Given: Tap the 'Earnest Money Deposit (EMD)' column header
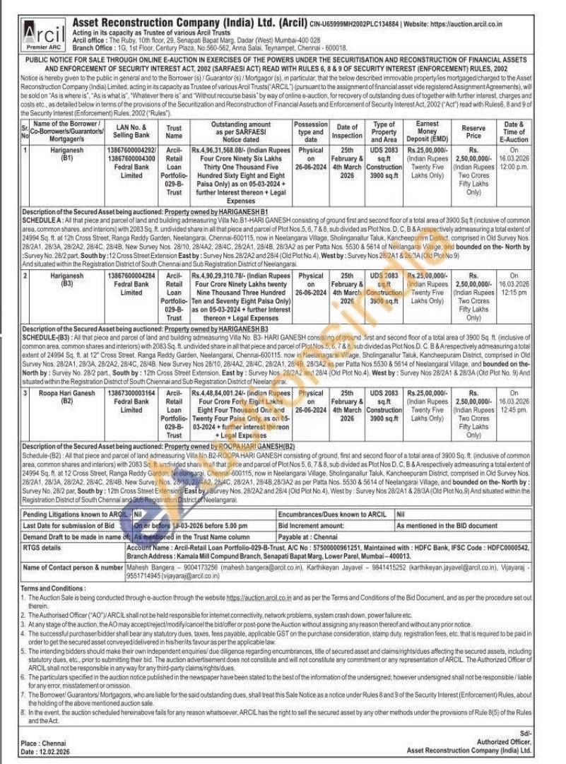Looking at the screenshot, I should tap(427, 130).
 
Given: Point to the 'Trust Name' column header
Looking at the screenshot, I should tap(174, 130).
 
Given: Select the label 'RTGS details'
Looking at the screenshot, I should tap(42, 547).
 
